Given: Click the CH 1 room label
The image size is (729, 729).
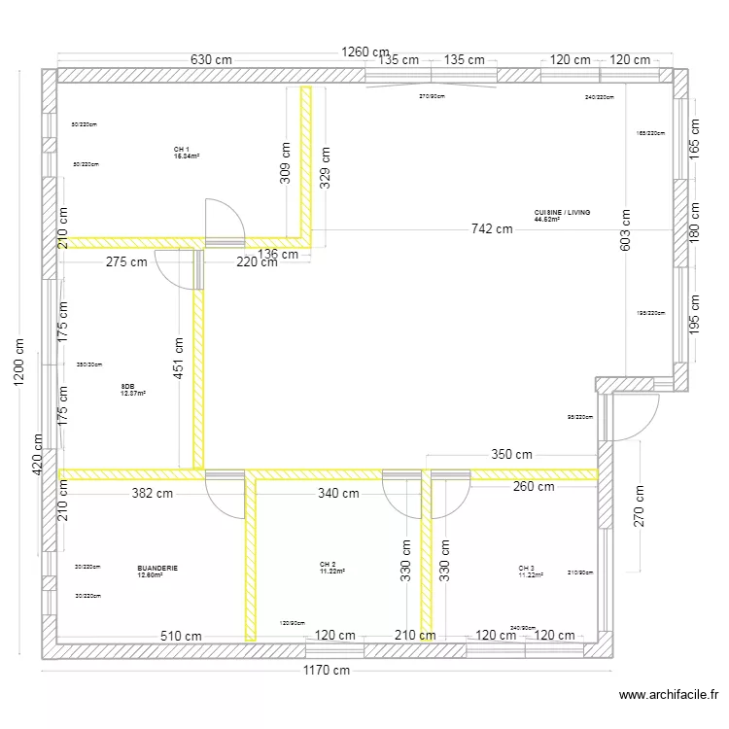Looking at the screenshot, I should tap(182, 150).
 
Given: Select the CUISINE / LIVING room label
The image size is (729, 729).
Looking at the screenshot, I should tap(562, 212).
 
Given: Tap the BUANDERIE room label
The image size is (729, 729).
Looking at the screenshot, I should tap(157, 568).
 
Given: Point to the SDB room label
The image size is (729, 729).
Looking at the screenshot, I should tap(127, 387).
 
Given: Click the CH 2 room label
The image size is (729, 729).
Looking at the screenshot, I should tap(328, 565).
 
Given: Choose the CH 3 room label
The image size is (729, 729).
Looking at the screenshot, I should tap(526, 568).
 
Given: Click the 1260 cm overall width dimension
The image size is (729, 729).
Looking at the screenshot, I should tap(364, 52).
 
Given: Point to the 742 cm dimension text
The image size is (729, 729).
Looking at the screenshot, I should tap(491, 229).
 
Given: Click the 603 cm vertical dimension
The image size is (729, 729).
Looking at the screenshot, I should tap(626, 231).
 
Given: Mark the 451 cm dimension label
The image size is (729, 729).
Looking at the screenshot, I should tap(178, 359).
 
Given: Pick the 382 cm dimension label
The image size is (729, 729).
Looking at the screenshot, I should tap(153, 493).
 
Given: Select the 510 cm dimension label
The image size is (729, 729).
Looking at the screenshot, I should tap(183, 636).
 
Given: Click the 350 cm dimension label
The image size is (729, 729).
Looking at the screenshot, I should tap(510, 454).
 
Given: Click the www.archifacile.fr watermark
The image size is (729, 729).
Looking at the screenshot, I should tap(668, 695).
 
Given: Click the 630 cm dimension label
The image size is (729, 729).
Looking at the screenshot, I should tap(211, 59).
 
